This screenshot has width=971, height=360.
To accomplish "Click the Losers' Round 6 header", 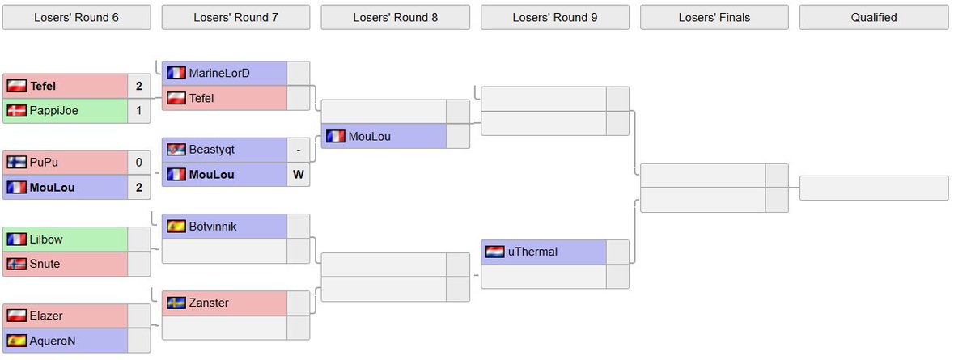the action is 76,17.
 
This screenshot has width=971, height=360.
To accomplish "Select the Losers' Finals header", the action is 714,17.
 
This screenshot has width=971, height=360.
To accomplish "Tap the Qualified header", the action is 873,17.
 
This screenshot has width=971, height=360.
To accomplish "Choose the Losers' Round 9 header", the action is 554,17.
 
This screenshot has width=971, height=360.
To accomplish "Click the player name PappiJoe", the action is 54,111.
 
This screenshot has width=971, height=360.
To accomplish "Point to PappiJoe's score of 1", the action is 138,111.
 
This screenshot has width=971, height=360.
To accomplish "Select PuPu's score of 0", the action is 138,163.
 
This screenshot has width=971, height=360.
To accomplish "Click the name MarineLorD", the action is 219,74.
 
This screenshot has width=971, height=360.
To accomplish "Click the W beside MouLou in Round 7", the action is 298,174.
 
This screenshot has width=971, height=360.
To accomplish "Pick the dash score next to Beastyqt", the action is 298,150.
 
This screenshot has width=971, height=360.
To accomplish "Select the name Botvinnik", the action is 213,227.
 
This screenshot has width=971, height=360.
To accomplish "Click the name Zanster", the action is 209,303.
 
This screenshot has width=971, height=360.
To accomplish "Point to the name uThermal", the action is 532,252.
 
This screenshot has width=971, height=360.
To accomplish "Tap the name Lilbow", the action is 46,239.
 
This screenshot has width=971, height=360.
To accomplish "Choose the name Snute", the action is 45,264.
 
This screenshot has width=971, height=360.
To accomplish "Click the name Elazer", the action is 46,316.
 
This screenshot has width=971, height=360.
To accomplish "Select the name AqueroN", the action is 53,341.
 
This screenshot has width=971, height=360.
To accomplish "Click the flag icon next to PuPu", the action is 16,163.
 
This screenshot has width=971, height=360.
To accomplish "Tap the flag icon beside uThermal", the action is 494,252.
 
